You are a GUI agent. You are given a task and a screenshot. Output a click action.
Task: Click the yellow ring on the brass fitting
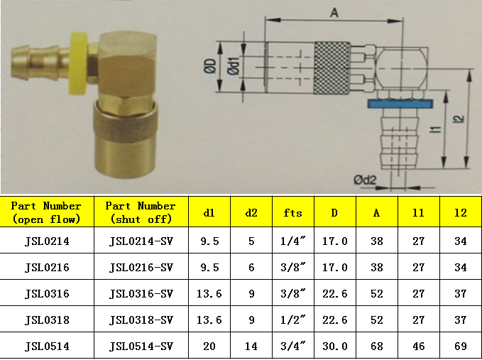click(x=79, y=62)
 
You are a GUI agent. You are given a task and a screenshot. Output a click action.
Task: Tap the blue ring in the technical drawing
click(x=400, y=103)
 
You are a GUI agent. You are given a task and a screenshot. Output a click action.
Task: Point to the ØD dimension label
click(x=210, y=67)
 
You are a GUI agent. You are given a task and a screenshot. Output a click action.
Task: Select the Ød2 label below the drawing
click(x=365, y=180)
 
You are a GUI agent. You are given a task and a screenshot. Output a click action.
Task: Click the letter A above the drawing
click(x=334, y=13)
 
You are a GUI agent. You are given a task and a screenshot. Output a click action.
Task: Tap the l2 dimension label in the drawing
click(x=459, y=119)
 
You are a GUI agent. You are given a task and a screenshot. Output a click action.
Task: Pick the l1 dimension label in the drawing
click(x=435, y=129)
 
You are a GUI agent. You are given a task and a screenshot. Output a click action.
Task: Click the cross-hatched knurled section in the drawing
click(x=332, y=68)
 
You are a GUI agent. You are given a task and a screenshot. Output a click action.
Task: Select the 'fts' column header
click(x=292, y=213)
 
